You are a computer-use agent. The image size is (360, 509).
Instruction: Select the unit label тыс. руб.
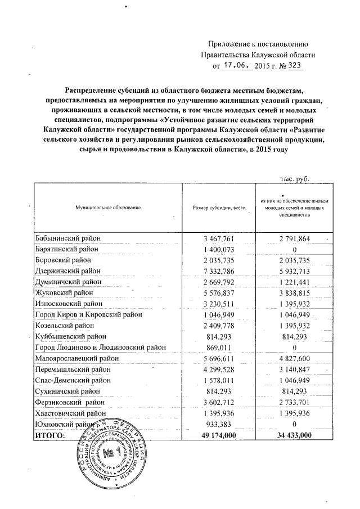pyautogui.click(x=295, y=178)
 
